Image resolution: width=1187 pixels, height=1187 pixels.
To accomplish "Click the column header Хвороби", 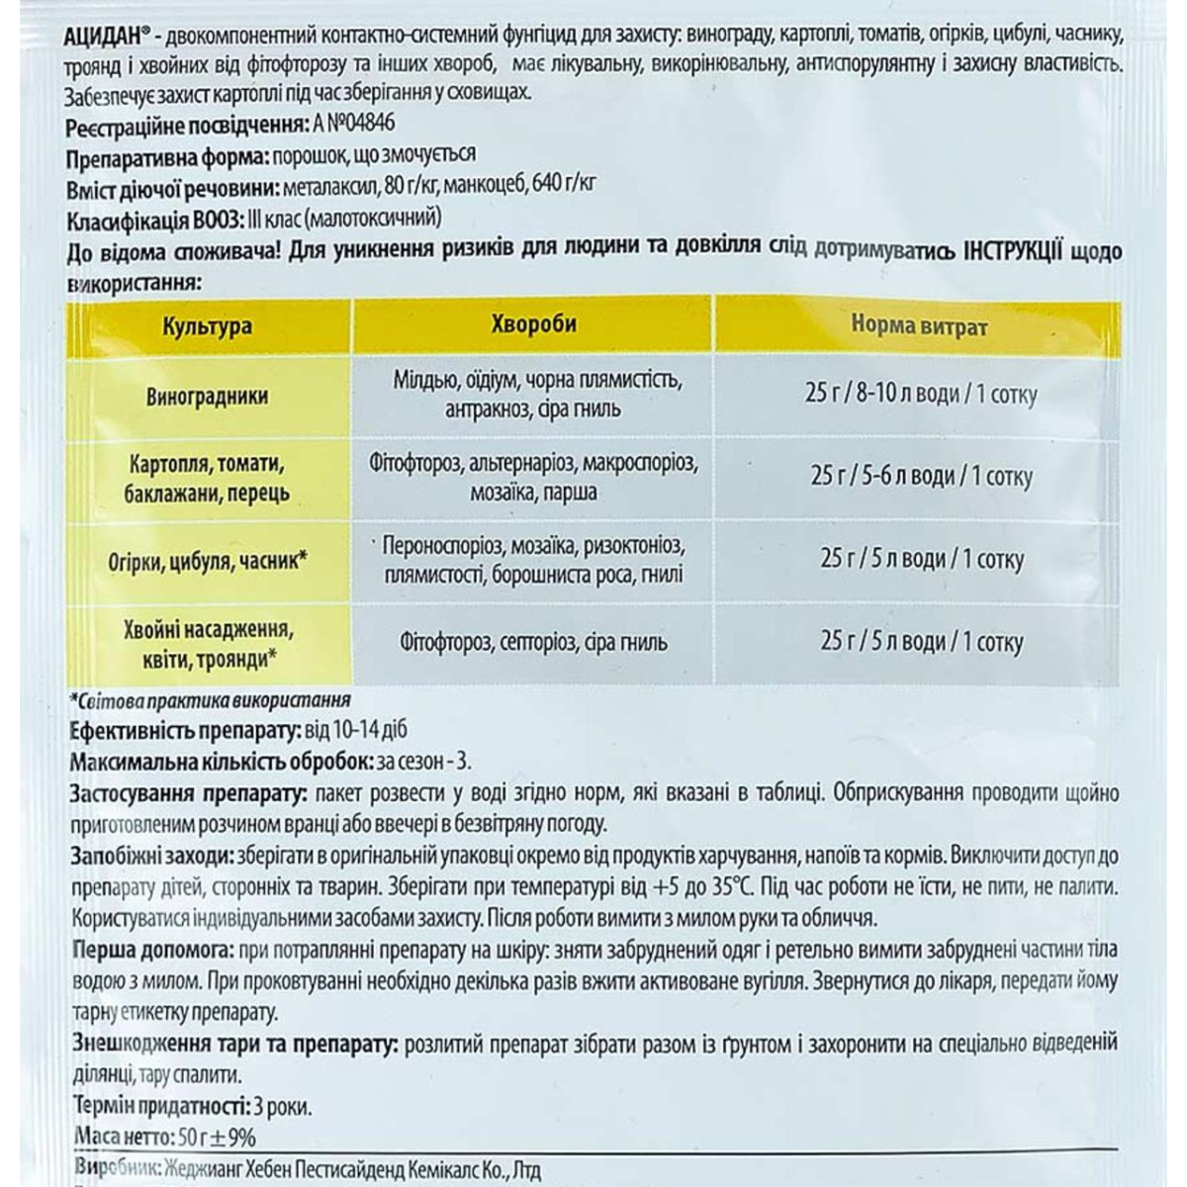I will pyautogui.click(x=533, y=324).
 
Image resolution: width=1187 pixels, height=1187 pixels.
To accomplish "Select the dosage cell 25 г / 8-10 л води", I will pyautogui.click(x=920, y=395).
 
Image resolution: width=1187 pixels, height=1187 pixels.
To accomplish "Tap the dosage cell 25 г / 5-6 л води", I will pyautogui.click(x=920, y=477).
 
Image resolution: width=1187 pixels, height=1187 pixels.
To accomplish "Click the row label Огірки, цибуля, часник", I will pyautogui.click(x=208, y=561).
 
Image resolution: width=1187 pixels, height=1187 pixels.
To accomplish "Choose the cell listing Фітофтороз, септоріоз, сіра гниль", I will pyautogui.click(x=534, y=642).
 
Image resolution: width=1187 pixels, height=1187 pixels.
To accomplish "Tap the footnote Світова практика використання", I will pyautogui.click(x=211, y=700).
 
